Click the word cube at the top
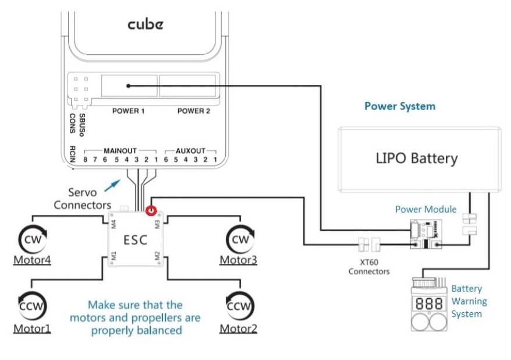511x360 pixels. [x=146, y=24]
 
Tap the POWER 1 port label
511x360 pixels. [x=129, y=111]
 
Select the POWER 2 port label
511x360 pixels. [x=194, y=111]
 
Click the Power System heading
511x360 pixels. [x=399, y=106]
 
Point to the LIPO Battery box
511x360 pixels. [x=417, y=158]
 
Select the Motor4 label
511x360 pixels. [x=32, y=260]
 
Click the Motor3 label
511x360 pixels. [x=238, y=260]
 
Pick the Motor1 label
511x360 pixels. [x=32, y=329]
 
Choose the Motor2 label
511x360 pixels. [x=238, y=329]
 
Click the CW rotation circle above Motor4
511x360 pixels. [x=31, y=239]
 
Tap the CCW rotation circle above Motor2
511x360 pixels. [x=239, y=305]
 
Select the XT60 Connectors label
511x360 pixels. [x=369, y=266]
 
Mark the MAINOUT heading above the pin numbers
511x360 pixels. [x=120, y=150]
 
